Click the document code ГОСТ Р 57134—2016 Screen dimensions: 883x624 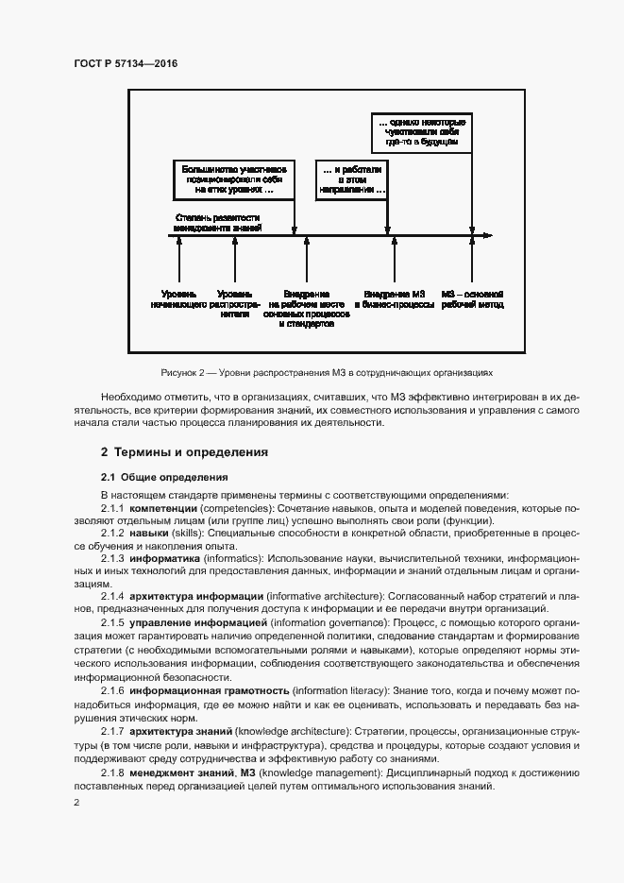point(125,63)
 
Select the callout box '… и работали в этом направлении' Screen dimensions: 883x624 point(352,179)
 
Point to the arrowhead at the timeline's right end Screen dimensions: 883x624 point(485,235)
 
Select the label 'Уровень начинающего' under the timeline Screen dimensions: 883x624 point(178,299)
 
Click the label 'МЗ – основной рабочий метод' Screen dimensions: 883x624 point(471,299)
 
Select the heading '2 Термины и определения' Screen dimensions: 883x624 point(184,452)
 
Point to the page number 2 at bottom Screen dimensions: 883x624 point(76,802)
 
